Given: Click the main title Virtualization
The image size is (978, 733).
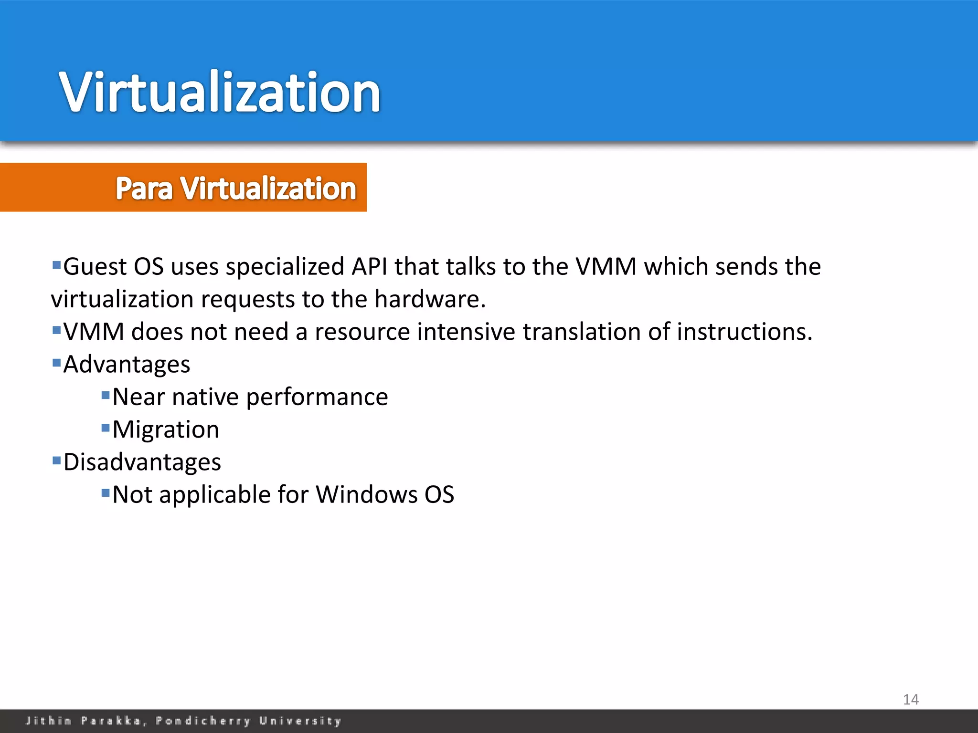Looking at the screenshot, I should (x=220, y=92).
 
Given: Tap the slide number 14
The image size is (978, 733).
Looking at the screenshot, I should (x=911, y=700).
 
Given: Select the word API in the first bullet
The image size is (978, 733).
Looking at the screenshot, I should (x=369, y=267).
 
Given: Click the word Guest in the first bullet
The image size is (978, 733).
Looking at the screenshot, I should (x=95, y=267).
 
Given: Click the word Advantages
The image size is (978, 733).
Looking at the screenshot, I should (x=127, y=365).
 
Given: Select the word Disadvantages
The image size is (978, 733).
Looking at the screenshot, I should (x=142, y=462).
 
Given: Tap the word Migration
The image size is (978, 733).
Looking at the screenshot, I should (x=166, y=430).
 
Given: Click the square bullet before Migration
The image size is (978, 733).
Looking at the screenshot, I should (x=106, y=428).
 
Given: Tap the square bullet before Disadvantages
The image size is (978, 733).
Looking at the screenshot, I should (x=56, y=460).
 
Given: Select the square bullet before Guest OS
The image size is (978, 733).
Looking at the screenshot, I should (x=56, y=264).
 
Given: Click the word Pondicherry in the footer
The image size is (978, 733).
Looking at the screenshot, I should (x=203, y=721).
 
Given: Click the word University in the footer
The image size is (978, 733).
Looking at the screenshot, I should (x=300, y=721).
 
